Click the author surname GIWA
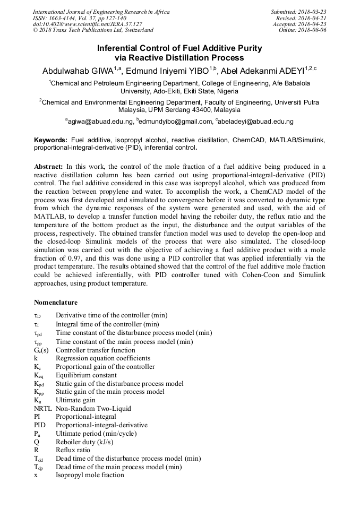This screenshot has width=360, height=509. tap(101, 71)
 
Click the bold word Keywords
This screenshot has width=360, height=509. tap(50, 140)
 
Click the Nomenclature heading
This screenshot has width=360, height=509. tap(56, 303)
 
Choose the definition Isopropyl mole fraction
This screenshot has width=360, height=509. tap(90, 475)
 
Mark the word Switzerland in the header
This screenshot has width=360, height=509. tap(137, 31)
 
